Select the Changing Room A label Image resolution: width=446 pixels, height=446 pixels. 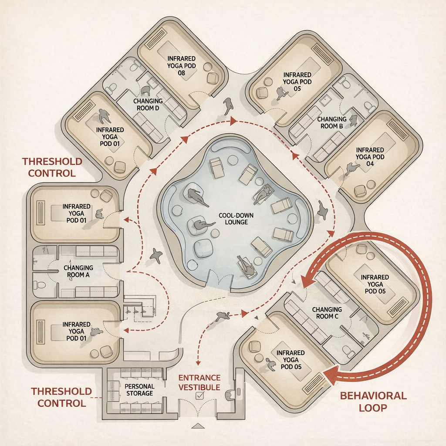[x=78, y=271]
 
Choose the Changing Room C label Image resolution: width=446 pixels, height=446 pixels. [x=327, y=313]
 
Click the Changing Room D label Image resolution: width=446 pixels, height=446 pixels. [x=148, y=105]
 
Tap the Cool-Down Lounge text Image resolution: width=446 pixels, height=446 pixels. [x=237, y=219]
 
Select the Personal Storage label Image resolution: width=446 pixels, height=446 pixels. [x=139, y=390]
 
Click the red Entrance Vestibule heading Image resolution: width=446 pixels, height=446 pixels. [x=199, y=382]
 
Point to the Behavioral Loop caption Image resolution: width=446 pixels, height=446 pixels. [x=373, y=402]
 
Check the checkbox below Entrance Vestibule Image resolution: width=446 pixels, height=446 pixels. [x=200, y=395]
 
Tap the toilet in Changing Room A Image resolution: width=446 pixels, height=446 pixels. [x=41, y=285]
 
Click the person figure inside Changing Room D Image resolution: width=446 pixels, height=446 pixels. [x=145, y=91]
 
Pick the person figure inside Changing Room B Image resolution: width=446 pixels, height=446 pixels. [x=353, y=120]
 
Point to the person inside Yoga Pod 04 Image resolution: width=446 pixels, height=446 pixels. [x=351, y=168]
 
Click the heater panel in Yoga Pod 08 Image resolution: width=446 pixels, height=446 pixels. [x=156, y=38]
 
